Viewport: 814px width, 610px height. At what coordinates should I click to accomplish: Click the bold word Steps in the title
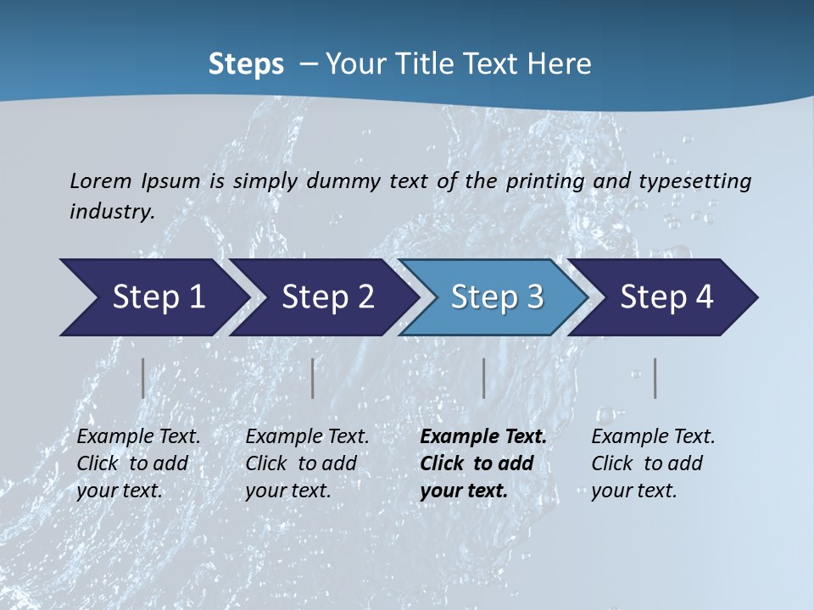(246, 64)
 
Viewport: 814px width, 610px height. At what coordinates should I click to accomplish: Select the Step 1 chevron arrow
(153, 297)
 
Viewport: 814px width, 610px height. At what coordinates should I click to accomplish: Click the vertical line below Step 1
(142, 378)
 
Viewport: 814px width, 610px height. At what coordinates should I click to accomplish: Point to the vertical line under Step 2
(313, 378)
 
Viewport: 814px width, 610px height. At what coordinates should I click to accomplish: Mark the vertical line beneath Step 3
(483, 378)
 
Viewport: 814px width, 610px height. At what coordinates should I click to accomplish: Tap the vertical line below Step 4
(655, 378)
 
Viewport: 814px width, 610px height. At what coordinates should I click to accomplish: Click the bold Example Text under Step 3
(483, 437)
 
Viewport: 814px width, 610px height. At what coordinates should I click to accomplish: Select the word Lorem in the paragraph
(101, 180)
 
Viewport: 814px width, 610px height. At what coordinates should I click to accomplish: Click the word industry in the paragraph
(111, 211)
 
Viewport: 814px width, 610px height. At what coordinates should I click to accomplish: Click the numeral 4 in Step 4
(704, 297)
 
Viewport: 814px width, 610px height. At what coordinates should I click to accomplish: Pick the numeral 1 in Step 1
(196, 297)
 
